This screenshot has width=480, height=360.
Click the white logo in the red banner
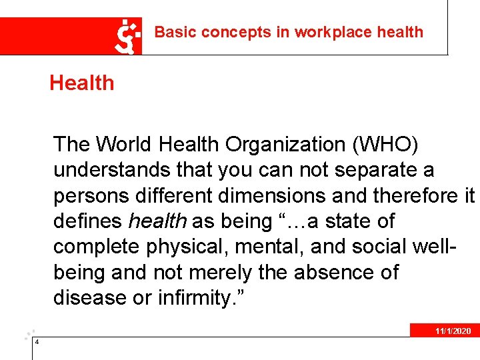[x=129, y=36]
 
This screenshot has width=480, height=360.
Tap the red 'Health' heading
[x=81, y=83]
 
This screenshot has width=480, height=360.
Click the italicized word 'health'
[x=157, y=221]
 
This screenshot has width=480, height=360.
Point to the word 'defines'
[x=88, y=221]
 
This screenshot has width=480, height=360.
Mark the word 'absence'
[x=361, y=272]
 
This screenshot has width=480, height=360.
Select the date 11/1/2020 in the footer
[x=453, y=331]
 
